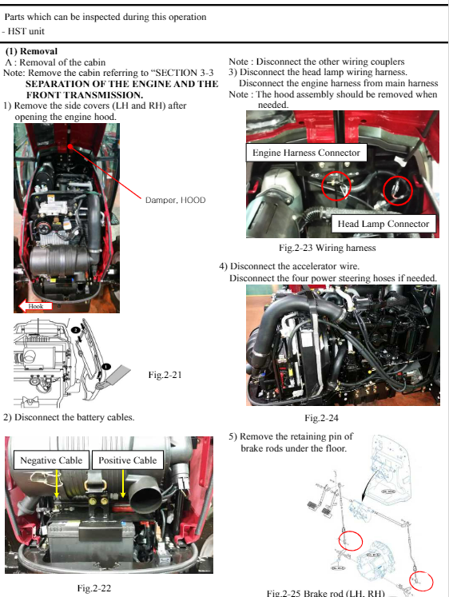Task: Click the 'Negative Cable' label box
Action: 51,460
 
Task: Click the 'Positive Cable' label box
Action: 128,460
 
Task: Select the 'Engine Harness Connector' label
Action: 306,152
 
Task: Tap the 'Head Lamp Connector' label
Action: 384,224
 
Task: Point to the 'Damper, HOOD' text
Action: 175,200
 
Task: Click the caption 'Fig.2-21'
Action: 165,374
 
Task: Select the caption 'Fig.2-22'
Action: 93,588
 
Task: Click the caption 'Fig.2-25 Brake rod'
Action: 327,592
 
